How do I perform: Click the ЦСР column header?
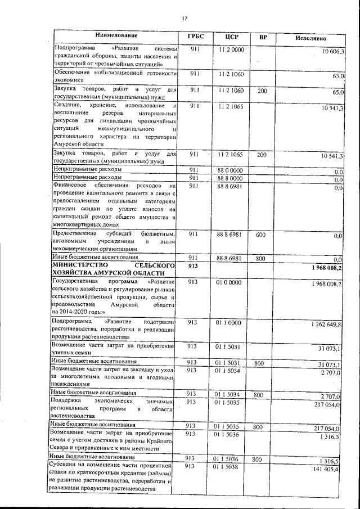[231, 37]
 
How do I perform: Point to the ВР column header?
[263, 38]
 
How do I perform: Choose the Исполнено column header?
[310, 38]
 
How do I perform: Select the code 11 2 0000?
[231, 50]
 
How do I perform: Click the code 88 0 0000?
[230, 170]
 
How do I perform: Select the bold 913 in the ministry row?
[193, 265]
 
